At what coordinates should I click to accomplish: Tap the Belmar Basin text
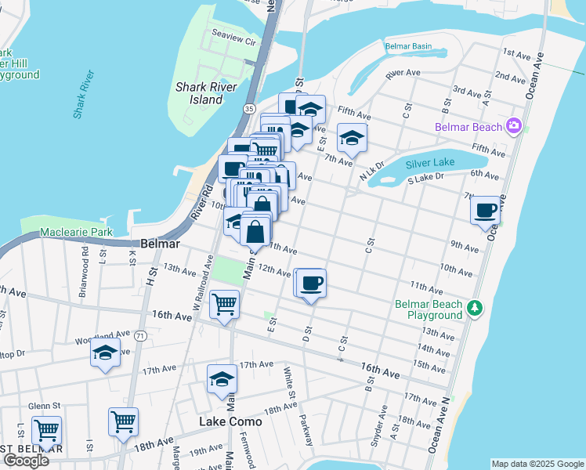[408, 46]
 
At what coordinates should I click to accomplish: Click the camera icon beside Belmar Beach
[514, 125]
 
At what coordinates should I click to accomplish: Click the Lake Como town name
[230, 421]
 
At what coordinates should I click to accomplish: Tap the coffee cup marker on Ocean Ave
[487, 210]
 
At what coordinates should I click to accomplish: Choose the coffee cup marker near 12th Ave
[312, 283]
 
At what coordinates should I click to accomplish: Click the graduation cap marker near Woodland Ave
[105, 352]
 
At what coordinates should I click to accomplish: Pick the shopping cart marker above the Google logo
[47, 430]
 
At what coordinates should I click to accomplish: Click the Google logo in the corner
[26, 460]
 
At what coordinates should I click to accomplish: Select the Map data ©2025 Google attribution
[537, 464]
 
